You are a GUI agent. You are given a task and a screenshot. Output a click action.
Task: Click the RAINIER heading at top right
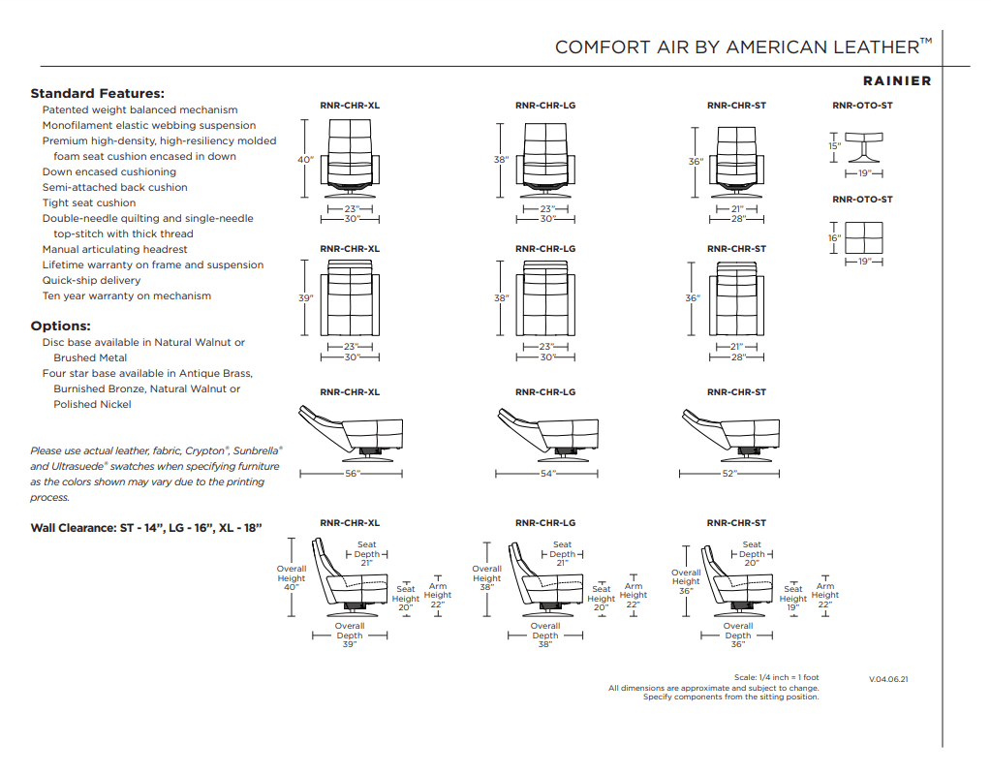(x=896, y=81)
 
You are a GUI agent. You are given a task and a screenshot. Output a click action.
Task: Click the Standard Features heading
(x=97, y=94)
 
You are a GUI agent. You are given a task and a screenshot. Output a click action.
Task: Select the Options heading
(x=60, y=326)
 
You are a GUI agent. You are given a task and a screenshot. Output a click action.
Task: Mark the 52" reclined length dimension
(x=728, y=474)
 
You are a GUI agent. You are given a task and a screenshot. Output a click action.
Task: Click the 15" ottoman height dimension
(x=834, y=146)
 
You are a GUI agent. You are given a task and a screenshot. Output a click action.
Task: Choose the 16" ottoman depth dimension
(x=834, y=237)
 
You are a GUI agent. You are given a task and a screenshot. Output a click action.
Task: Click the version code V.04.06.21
(x=888, y=679)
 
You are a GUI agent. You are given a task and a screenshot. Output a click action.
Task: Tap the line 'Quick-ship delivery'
(x=91, y=280)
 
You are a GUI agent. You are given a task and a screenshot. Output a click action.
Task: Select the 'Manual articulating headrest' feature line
(x=114, y=249)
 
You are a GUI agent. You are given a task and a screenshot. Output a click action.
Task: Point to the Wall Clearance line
(x=146, y=528)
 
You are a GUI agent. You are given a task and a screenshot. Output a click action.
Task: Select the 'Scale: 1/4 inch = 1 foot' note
(x=776, y=677)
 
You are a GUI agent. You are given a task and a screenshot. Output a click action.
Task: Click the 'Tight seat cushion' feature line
(x=89, y=202)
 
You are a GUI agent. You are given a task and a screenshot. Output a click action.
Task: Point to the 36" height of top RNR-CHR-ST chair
(x=695, y=162)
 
